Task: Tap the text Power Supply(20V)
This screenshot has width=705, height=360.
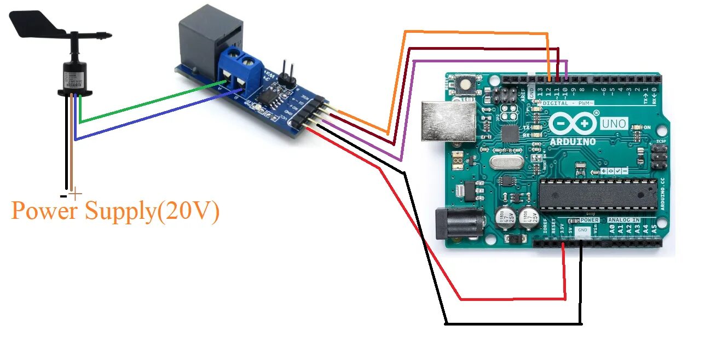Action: click(x=115, y=211)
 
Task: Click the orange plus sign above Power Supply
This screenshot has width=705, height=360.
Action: click(x=76, y=193)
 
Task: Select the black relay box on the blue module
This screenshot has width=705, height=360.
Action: click(x=211, y=41)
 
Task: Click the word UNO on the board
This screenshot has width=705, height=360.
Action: click(x=614, y=124)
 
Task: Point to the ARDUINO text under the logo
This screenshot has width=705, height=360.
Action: click(x=573, y=141)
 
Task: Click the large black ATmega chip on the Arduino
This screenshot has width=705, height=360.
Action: click(x=597, y=194)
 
